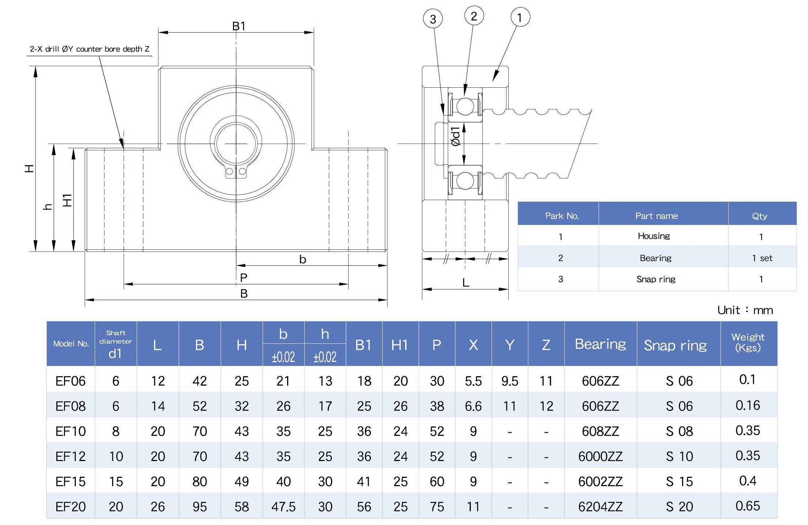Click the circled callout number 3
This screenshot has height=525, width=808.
coord(433,19)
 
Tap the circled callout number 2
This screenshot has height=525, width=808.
coord(474,16)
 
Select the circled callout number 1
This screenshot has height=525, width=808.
coord(520,17)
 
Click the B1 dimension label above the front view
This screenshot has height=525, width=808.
coord(239,26)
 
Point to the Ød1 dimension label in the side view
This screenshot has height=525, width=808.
coord(455,136)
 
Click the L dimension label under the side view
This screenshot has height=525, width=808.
coord(465,283)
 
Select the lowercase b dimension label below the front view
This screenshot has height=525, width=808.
coord(302,260)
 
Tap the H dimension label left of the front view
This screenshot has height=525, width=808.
coord(29,168)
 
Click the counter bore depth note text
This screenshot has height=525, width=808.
coord(90,49)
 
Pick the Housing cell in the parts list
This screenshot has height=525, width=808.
coord(654,236)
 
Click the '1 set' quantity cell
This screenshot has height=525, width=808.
coord(762,258)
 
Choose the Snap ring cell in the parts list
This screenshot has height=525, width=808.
coord(656,279)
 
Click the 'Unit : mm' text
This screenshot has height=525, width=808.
coord(745,310)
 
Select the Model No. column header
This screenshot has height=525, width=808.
coord(71,344)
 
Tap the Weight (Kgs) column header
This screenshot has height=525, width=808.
coord(748,342)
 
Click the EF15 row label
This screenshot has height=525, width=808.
coord(71,481)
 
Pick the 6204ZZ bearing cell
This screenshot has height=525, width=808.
coord(600,507)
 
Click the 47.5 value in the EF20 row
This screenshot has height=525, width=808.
coord(283,507)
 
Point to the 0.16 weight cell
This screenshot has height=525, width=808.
coord(748,405)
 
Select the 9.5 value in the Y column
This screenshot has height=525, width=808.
coord(510,381)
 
